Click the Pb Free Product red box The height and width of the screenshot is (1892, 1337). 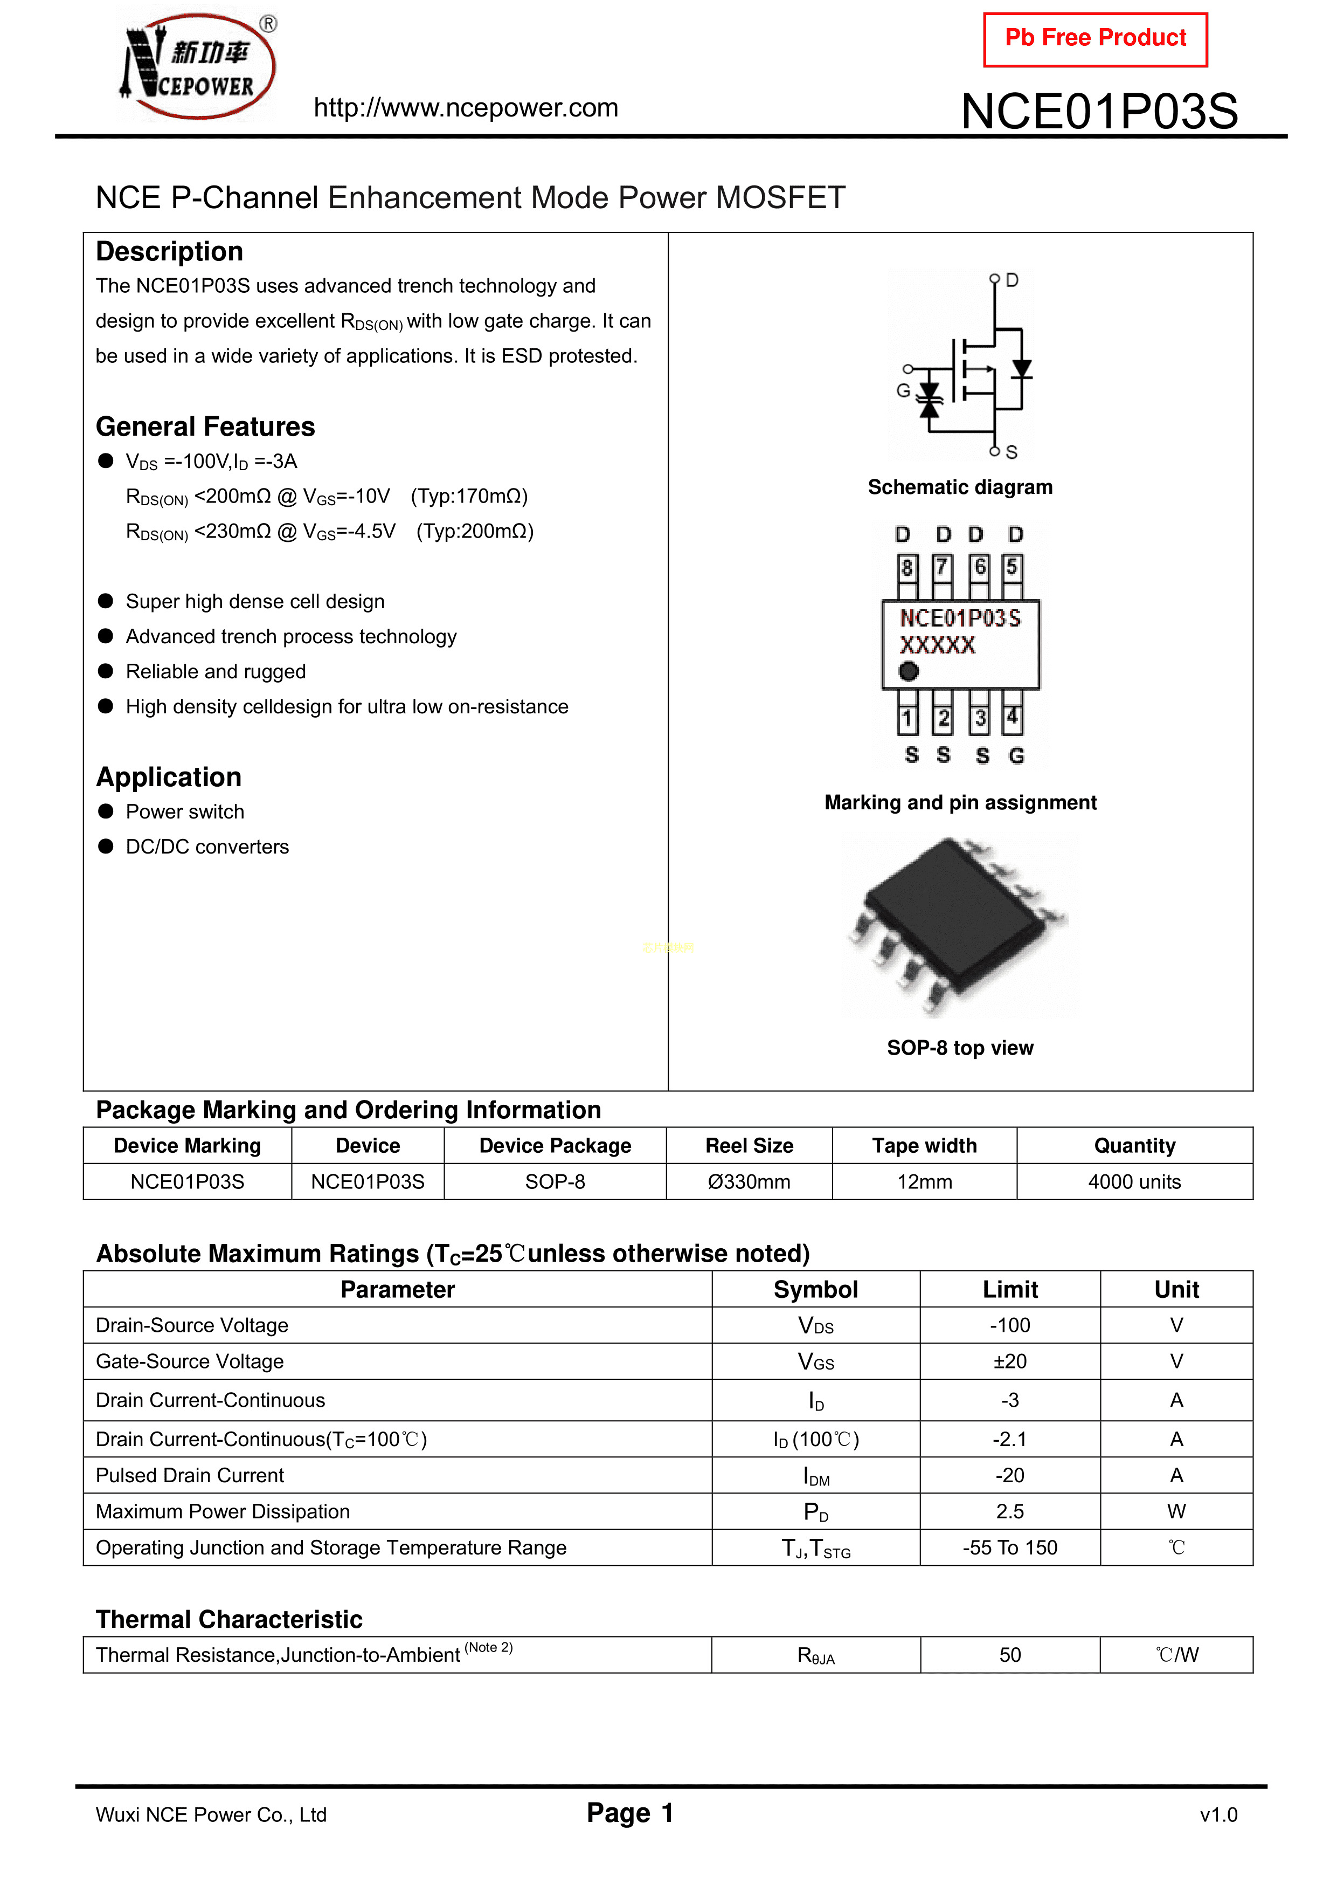(x=1095, y=39)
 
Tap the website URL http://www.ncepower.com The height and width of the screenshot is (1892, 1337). (x=466, y=108)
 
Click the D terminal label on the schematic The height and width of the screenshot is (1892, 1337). (x=1013, y=280)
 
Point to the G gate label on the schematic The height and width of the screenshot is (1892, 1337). (x=903, y=390)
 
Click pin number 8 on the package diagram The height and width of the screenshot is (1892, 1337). (x=907, y=567)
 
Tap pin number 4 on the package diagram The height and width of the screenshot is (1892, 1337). (x=1013, y=718)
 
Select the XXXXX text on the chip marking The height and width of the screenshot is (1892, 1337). (x=938, y=645)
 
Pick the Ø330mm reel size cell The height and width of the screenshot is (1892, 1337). (x=749, y=1182)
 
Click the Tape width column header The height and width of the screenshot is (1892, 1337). (x=924, y=1145)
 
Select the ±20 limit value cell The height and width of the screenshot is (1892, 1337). (x=1010, y=1361)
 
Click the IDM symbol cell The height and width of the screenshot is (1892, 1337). (x=815, y=1476)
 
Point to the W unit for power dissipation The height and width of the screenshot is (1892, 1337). (x=1176, y=1511)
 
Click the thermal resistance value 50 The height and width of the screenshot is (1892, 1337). (x=1010, y=1655)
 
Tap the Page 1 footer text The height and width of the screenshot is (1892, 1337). (x=630, y=1813)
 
